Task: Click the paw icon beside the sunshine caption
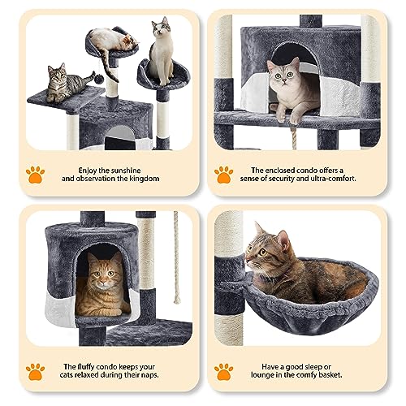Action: pyautogui.click(x=34, y=173)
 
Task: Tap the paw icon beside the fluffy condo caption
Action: pyautogui.click(x=34, y=371)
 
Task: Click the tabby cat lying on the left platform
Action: pyautogui.click(x=65, y=83)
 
